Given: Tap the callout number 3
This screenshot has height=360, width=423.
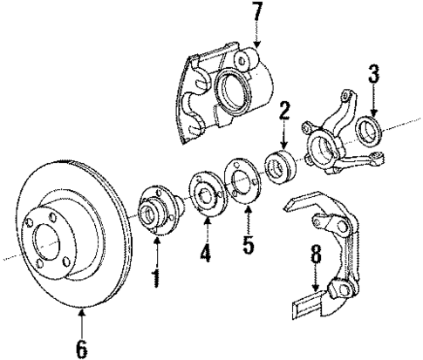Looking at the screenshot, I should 373,74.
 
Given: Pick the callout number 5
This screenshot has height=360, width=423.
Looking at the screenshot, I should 249,243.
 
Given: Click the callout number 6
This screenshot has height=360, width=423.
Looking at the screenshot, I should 81,350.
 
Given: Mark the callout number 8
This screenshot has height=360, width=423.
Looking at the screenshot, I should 315,258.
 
